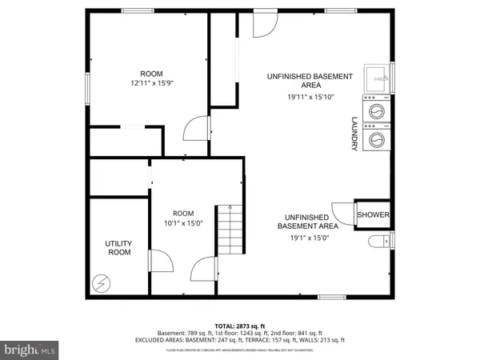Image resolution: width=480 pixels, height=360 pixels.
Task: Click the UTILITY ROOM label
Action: tap(118, 247)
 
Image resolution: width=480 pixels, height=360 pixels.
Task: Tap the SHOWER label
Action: tap(373, 215)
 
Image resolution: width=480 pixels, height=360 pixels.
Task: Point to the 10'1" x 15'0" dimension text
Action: tap(183, 223)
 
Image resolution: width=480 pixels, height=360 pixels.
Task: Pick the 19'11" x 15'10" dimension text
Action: tap(310, 97)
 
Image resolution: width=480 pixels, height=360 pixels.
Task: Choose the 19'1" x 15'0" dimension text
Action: tap(303, 237)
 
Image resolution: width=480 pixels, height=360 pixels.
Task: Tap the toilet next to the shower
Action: tap(378, 242)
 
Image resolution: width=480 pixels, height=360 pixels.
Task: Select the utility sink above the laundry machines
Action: tap(377, 78)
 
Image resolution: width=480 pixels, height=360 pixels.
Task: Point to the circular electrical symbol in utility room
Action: tap(102, 282)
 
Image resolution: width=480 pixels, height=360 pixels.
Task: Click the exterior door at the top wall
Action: tap(263, 24)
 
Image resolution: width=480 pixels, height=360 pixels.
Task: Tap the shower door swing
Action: tap(343, 214)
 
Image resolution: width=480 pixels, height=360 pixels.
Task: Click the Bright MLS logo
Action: tap(30, 350)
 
